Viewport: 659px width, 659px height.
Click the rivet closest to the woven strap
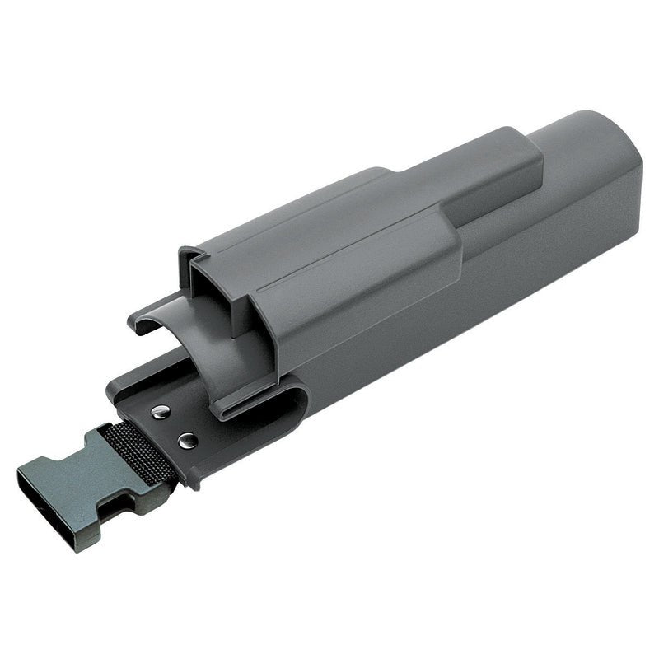[x=187, y=440]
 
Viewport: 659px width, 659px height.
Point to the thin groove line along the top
[x=346, y=247]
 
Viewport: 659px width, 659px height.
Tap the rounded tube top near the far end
[x=577, y=132]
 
